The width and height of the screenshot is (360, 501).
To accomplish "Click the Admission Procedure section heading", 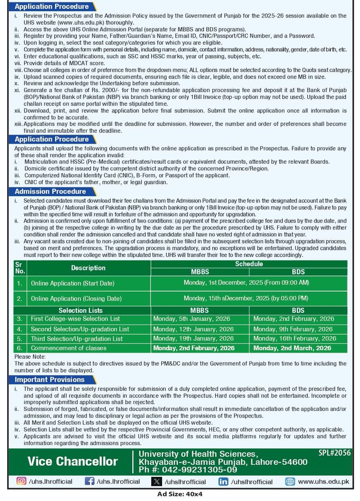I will point(50,192).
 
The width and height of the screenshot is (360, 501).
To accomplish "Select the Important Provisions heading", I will point(50,380).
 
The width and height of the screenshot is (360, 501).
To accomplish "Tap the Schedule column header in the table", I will point(249,264).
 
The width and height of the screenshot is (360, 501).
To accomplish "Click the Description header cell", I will point(88,268).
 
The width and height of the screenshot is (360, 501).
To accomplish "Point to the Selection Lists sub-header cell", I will point(81,311).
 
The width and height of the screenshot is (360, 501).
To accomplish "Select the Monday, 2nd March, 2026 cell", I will point(292,348).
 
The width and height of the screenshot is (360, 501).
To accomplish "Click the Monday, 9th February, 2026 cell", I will point(293,329).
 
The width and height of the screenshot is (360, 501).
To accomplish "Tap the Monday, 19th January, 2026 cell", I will point(193,339).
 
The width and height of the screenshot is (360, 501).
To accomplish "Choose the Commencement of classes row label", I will point(69,348).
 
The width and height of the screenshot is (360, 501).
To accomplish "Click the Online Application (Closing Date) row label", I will point(76,299).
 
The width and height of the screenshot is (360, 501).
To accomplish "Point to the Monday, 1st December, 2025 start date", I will point(246,283).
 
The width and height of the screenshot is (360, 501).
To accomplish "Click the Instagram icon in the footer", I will point(21,481).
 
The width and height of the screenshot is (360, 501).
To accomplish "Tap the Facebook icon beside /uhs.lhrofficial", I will point(89,481).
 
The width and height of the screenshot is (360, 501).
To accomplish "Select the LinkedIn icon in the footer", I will point(223,481).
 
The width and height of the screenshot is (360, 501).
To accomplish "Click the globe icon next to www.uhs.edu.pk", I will point(290,481).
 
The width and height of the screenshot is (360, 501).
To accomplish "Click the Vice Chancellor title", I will point(73,462).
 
